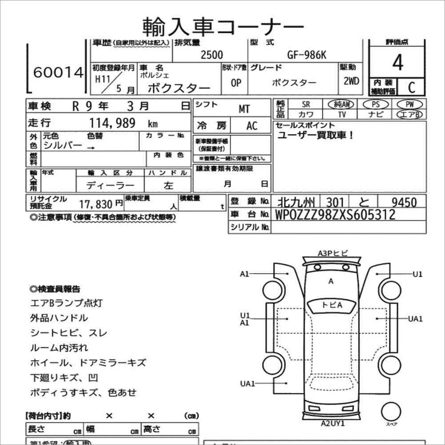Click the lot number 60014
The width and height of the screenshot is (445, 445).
pos(58,73)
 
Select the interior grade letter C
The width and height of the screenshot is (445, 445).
pos(411,87)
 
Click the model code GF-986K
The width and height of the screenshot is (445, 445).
pos(306,55)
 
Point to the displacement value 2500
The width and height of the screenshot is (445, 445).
pos(212,55)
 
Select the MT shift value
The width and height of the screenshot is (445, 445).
pos(244,109)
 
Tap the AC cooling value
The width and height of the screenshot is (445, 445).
pos(252,126)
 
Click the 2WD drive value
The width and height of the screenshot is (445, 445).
pos(351,82)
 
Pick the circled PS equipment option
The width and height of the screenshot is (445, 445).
pos(375,104)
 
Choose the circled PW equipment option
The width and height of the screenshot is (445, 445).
pos(409,104)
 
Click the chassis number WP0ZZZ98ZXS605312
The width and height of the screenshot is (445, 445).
pos(335,215)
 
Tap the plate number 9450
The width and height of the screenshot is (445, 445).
pos(404,203)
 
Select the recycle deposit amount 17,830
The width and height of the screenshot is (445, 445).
pos(96,204)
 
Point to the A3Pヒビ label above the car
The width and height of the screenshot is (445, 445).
pos(333,253)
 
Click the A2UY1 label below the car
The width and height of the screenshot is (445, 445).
pos(333,423)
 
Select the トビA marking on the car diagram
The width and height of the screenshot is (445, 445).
pos(332,305)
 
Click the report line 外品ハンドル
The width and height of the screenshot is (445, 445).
pos(59,318)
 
